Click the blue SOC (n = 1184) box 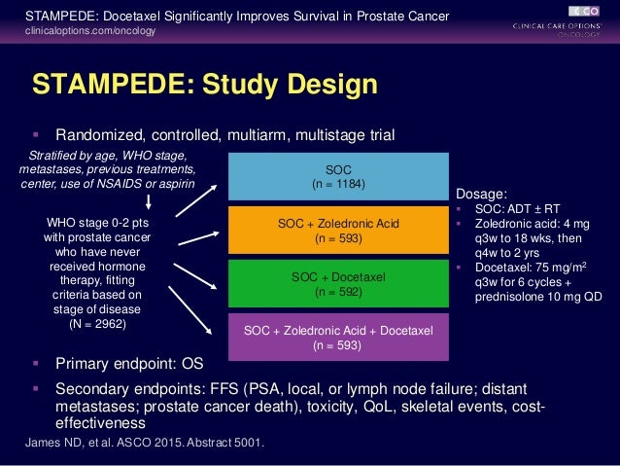coord(338,174)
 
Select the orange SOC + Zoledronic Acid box coord(338,229)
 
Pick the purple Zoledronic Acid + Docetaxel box coord(338,336)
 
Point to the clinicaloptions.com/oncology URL coord(89,32)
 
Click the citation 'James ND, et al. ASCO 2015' coord(140,444)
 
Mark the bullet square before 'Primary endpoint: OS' coord(36,366)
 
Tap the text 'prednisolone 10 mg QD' coord(538,297)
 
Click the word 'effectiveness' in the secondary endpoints coord(97,423)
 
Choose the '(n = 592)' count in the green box coord(338,290)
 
